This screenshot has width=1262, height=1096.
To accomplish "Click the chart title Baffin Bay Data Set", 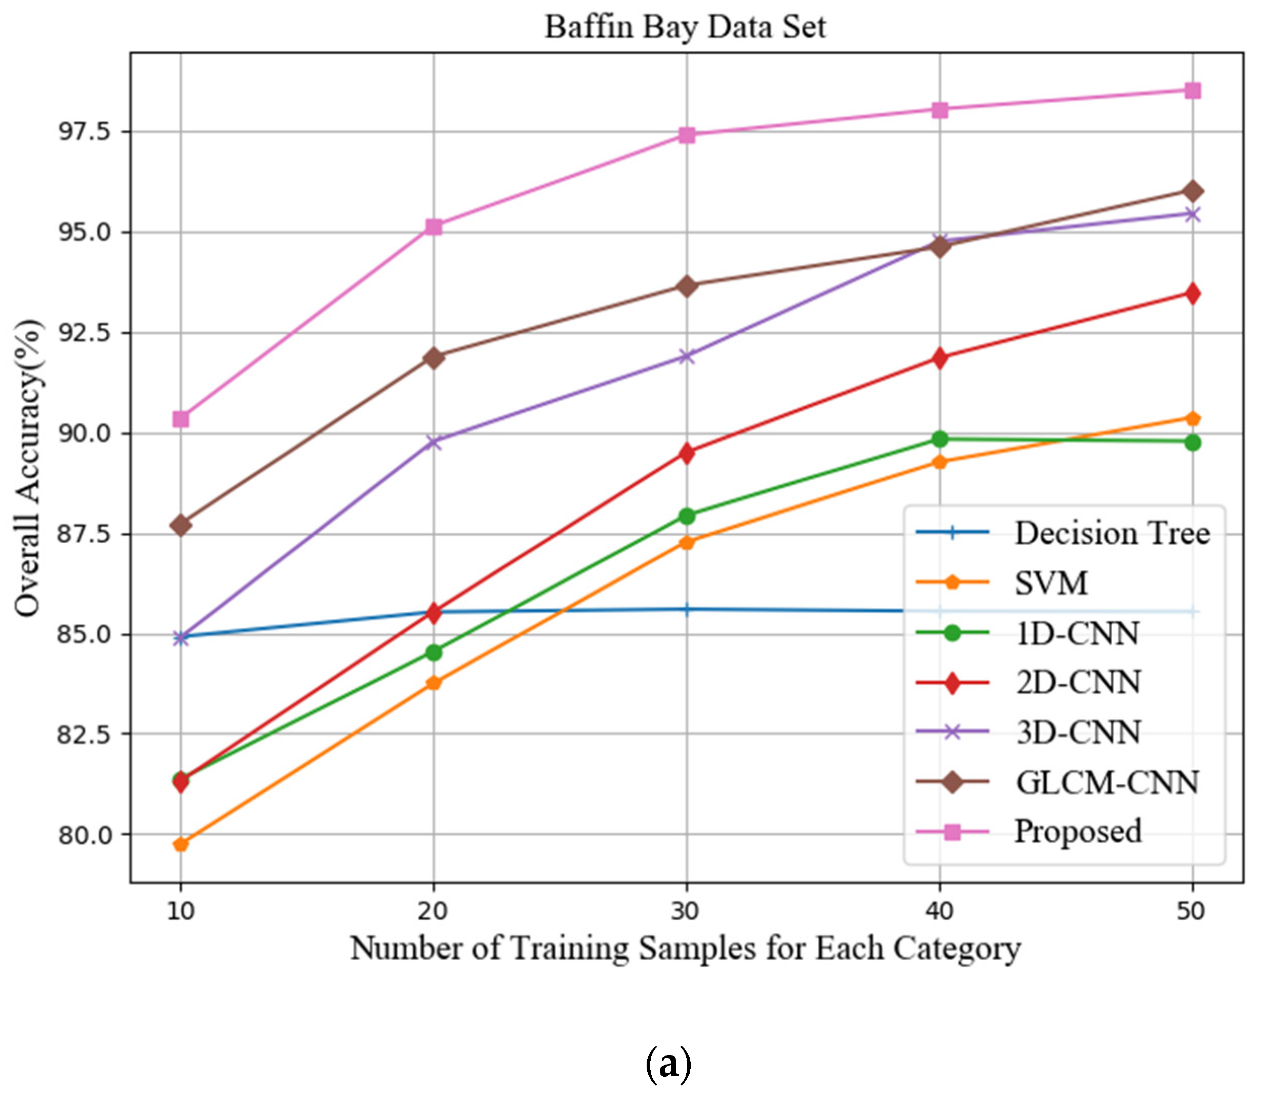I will (x=685, y=27).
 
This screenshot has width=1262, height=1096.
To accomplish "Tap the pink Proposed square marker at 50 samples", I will (x=1192, y=91).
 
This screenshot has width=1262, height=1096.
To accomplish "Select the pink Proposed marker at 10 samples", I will (x=180, y=419).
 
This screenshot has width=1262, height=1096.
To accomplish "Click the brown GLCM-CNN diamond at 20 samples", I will (x=433, y=357).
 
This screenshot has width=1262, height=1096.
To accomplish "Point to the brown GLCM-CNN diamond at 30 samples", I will (x=687, y=286).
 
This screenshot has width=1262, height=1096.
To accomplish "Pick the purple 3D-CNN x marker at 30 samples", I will (x=687, y=356).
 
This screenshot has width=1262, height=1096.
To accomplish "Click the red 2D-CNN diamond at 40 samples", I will (x=940, y=358).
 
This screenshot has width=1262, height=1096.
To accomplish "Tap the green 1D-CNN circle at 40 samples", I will (x=940, y=439).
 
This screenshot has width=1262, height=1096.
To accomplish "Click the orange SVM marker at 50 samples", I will (x=1192, y=418).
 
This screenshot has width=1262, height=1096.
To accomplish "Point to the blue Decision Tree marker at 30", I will (x=687, y=609).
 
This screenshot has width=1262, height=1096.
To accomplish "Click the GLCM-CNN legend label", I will (x=1107, y=782).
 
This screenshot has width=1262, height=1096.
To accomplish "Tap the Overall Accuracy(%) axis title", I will (x=28, y=467).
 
